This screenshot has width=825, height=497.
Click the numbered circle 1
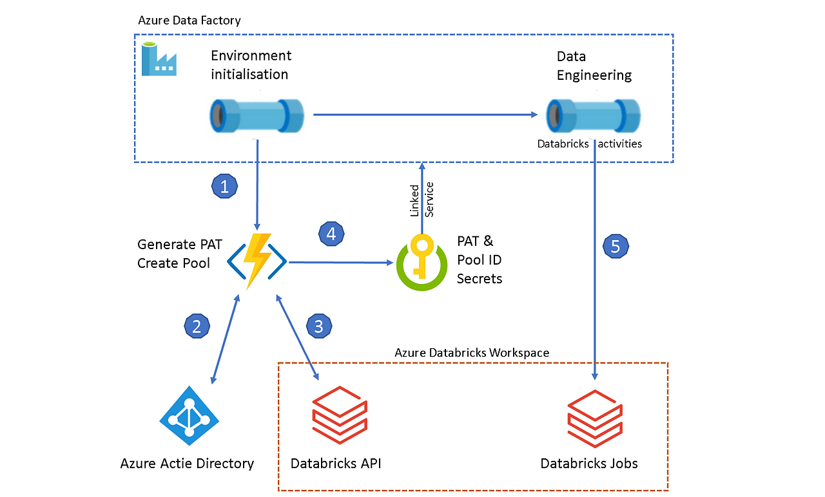[x=224, y=187]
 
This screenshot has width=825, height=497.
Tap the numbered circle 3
[x=318, y=326]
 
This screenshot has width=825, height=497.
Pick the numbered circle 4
[x=331, y=234]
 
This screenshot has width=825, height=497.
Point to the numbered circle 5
[x=616, y=245]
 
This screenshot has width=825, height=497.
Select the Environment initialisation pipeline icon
[x=257, y=116]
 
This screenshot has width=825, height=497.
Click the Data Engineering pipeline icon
[x=594, y=116]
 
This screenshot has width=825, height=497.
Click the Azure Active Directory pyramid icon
[x=189, y=416]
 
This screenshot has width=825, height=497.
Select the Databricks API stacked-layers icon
[x=339, y=416]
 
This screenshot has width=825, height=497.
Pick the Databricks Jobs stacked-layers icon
[x=595, y=416]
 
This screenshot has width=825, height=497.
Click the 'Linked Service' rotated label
[x=422, y=199]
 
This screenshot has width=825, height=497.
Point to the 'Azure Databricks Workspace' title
[x=471, y=353]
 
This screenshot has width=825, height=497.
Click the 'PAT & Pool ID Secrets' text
[x=480, y=259]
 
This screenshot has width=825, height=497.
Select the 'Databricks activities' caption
[x=590, y=144]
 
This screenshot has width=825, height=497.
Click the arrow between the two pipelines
[x=425, y=115]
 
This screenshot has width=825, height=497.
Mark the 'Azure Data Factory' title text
[x=189, y=21]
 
